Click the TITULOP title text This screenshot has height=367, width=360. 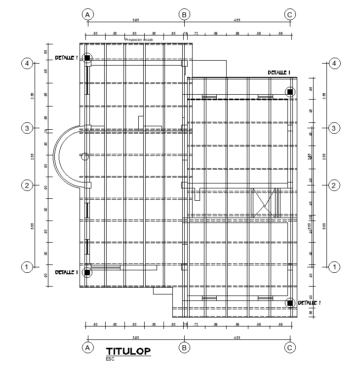[128, 351]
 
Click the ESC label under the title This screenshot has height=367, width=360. [110, 359]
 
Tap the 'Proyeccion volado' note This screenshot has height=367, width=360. [139, 39]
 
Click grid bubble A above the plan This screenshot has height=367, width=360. [87, 14]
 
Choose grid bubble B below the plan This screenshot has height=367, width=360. [184, 347]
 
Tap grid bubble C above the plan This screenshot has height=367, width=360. [290, 14]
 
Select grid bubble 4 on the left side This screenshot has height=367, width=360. [27, 63]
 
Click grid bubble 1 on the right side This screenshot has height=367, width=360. [335, 267]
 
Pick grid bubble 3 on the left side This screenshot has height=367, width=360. [27, 128]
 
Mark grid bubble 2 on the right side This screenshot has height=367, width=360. [335, 185]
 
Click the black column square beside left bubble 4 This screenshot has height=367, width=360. [87, 58]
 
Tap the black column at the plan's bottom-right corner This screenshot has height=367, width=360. [290, 303]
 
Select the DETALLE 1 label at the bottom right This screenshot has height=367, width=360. [310, 303]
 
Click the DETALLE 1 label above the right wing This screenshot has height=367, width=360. [279, 73]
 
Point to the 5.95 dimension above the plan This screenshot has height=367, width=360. [135, 20]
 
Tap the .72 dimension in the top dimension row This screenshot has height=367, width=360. [196, 33]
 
